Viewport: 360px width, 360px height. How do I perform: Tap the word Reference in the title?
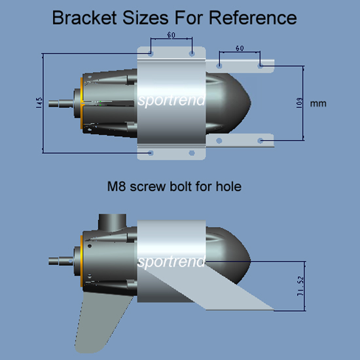coord(253,18)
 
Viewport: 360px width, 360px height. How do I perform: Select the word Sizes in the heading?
coord(145,18)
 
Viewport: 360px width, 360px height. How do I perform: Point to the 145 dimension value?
coord(39,103)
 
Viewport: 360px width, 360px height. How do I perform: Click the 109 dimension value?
coord(299,103)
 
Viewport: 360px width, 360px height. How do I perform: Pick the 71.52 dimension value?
coord(300,286)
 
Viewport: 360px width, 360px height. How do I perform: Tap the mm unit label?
coord(318,103)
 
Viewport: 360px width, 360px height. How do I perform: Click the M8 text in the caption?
coord(117,186)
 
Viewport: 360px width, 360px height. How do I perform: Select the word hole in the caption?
coord(228,186)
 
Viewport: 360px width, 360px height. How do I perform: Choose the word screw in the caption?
coord(148,187)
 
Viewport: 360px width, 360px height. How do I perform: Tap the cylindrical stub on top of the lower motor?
coord(113,223)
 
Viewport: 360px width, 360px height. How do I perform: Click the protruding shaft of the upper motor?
coord(61,103)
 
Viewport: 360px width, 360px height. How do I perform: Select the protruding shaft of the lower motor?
coord(61,261)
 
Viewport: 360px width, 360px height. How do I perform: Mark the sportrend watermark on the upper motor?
coord(171,100)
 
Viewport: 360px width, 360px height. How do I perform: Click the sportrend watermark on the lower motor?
coord(171,261)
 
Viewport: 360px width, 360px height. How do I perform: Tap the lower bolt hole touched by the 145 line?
coord(151,153)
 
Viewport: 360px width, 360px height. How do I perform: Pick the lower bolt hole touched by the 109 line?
coord(260,141)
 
